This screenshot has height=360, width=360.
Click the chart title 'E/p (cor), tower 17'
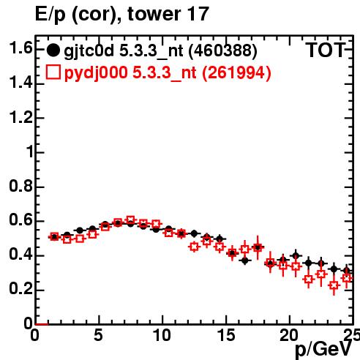[122, 14]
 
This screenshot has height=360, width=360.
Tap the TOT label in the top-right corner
[325, 50]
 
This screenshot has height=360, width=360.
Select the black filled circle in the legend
[53, 50]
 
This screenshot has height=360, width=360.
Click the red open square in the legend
[53, 72]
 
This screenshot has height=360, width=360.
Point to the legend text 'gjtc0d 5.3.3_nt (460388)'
[160, 51]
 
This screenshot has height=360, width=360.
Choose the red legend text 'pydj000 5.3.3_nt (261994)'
[168, 73]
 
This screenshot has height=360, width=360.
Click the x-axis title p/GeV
[323, 349]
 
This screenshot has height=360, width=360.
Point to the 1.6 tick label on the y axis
[20, 48]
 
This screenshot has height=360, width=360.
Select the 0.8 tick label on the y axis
[20, 186]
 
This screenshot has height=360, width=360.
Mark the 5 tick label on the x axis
[98, 335]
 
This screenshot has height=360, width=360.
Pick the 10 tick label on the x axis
[162, 335]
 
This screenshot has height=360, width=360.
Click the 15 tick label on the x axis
[226, 335]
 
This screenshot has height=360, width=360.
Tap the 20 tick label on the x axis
[289, 335]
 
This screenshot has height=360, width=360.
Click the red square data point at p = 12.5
[194, 247]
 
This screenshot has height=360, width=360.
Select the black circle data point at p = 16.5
[245, 260]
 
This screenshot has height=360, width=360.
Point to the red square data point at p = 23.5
[334, 285]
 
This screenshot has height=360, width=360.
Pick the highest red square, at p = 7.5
[130, 220]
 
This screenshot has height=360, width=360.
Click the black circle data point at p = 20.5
[296, 256]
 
